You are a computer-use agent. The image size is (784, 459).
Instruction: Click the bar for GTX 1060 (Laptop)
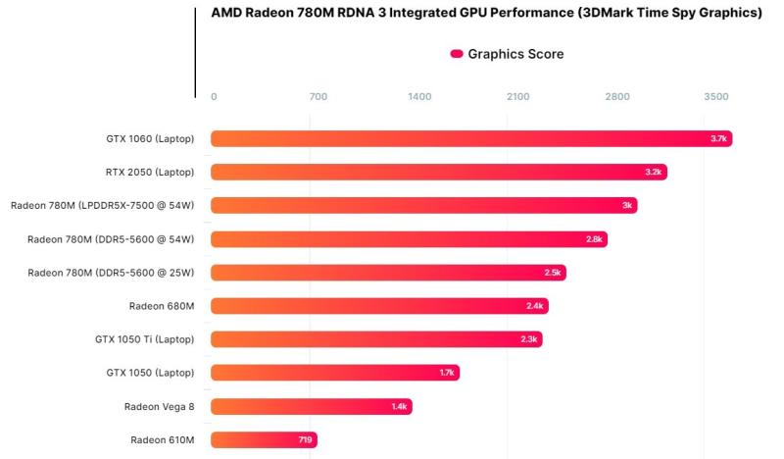tap(470, 139)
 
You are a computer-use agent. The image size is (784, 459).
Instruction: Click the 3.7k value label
tap(718, 139)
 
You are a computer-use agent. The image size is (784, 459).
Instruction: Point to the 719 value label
tap(305, 439)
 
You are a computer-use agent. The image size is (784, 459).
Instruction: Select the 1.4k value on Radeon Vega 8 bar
tap(399, 406)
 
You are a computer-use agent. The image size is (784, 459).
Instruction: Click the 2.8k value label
tap(594, 239)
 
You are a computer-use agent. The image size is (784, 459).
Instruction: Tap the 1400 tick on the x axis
tap(418, 96)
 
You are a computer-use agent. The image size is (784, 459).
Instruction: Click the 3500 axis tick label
tap(716, 96)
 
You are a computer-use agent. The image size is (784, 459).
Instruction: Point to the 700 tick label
tap(318, 96)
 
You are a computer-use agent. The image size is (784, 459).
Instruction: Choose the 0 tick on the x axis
tap(214, 96)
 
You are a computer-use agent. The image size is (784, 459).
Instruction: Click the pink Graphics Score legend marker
tap(457, 54)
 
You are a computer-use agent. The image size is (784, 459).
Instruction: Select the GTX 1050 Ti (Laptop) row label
tap(144, 339)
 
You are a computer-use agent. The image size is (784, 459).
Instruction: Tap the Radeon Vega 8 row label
tap(159, 406)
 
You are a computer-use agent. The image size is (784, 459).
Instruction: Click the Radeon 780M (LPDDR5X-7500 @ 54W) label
tap(103, 206)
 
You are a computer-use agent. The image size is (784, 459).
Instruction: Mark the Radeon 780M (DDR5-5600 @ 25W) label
tap(111, 273)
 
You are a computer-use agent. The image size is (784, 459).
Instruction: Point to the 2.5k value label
tap(553, 273)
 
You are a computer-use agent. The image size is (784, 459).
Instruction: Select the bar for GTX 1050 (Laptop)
tap(333, 373)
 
